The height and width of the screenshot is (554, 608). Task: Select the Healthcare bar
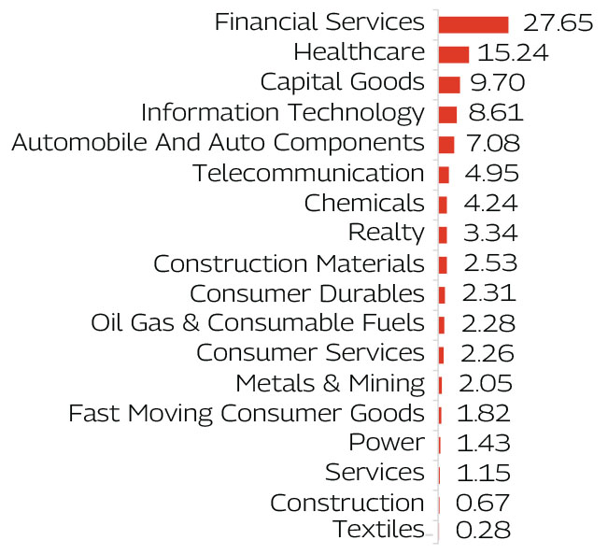(453, 54)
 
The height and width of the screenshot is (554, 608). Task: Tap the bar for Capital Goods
(448, 84)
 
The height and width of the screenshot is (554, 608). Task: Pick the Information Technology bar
(447, 114)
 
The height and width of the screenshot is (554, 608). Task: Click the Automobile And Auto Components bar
(445, 144)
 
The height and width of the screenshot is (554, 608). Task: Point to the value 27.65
(558, 23)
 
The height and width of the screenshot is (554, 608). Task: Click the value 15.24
(513, 53)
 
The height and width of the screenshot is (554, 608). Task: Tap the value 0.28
(483, 532)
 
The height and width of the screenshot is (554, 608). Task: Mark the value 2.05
(486, 382)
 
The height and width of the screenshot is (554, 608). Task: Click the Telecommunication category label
(308, 173)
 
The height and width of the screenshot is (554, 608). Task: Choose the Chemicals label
(364, 203)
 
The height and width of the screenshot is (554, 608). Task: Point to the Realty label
(386, 233)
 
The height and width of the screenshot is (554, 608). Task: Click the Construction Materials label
(289, 263)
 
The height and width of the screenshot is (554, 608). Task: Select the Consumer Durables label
(306, 293)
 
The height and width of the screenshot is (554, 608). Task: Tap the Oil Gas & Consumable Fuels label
(258, 323)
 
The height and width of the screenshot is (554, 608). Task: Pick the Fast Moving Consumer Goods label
(247, 412)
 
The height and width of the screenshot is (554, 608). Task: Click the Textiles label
(377, 530)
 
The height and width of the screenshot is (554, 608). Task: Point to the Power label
(386, 442)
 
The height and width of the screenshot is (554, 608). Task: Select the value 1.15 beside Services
(485, 472)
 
